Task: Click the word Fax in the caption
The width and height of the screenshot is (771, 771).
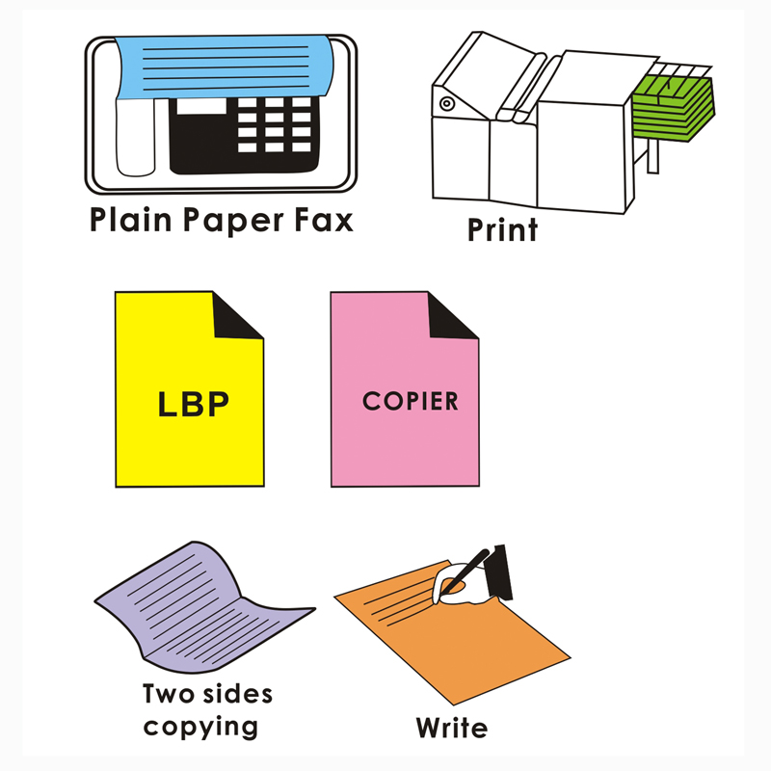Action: pos(324,220)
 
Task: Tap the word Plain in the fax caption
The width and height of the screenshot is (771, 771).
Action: pos(131,219)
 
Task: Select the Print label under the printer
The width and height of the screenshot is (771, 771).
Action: pos(502,229)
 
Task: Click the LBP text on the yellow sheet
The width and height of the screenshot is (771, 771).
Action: pos(194,404)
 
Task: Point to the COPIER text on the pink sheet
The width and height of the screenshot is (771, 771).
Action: pos(411,401)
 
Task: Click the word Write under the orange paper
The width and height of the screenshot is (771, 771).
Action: pos(452,728)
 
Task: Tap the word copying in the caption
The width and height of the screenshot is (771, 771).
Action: pos(200,728)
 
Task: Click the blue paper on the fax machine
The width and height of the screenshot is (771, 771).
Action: pos(225,66)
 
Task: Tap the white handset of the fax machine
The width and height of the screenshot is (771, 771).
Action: pos(135,137)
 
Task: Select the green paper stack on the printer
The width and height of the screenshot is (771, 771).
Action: pos(673,108)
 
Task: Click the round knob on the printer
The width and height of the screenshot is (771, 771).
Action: pos(446,104)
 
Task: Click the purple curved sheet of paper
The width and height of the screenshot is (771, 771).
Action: pos(197,608)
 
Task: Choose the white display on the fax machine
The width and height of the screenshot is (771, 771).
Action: pos(201,106)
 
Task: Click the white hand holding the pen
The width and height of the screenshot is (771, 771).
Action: pos(462,584)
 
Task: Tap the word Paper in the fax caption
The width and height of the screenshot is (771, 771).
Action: pos(233,220)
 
